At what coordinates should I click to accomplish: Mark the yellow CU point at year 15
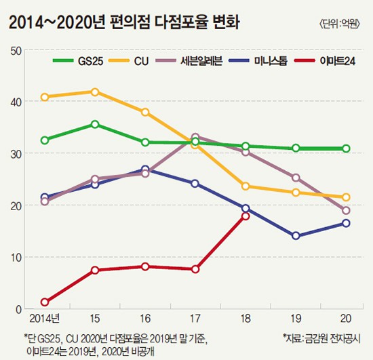(x=95, y=92)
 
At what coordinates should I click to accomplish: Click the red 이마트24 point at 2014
(x=45, y=302)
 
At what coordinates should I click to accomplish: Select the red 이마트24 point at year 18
(x=246, y=216)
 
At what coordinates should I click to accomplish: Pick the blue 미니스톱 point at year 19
(x=296, y=236)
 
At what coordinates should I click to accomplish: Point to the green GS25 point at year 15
(x=95, y=124)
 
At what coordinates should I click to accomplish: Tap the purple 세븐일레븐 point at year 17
(x=195, y=137)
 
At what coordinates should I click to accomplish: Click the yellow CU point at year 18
(x=246, y=186)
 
